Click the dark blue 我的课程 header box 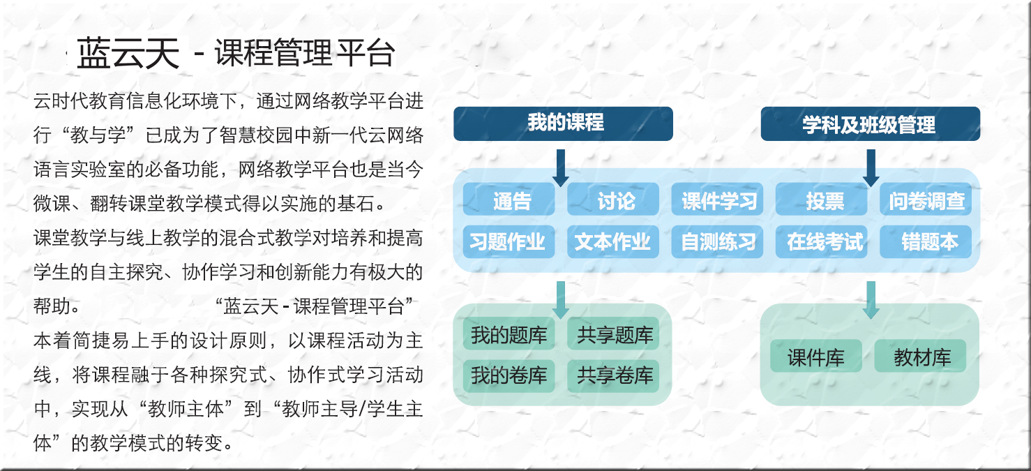pyautogui.click(x=563, y=124)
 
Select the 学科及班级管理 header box pyautogui.click(x=871, y=124)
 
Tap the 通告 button pyautogui.click(x=509, y=200)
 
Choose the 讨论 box pyautogui.click(x=613, y=200)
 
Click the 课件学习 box pyautogui.click(x=717, y=200)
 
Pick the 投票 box pyautogui.click(x=822, y=200)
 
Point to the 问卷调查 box pyautogui.click(x=926, y=200)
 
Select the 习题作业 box pyautogui.click(x=509, y=241)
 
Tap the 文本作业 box pyautogui.click(x=613, y=241)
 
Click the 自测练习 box pyautogui.click(x=717, y=241)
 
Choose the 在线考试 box pyautogui.click(x=822, y=241)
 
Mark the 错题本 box pyautogui.click(x=926, y=241)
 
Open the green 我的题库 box pyautogui.click(x=509, y=334)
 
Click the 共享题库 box pyautogui.click(x=613, y=334)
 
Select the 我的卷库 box pyautogui.click(x=509, y=376)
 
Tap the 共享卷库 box pyautogui.click(x=613, y=376)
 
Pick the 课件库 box pyautogui.click(x=816, y=356)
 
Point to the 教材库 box pyautogui.click(x=920, y=356)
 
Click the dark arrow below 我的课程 pyautogui.click(x=561, y=167)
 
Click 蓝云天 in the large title pyautogui.click(x=128, y=54)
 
